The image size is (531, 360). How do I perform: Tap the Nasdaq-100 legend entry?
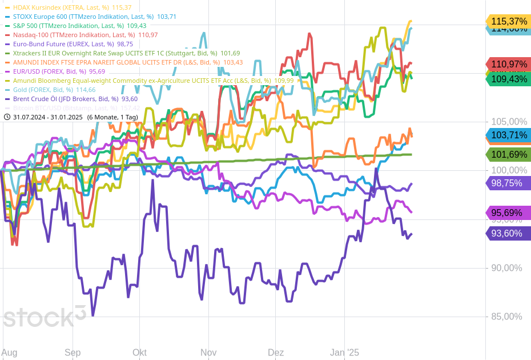click(x=81, y=35)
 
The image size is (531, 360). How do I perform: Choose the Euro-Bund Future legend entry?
click(x=68, y=44)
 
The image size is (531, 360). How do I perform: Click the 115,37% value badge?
click(x=508, y=21)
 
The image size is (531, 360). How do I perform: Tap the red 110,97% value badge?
click(x=508, y=64)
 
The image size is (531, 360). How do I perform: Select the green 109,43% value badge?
click(x=508, y=79)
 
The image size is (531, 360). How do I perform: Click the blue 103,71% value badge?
click(x=508, y=135)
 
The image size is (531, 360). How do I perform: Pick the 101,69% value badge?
click(x=508, y=154)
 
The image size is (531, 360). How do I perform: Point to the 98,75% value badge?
click(x=508, y=183)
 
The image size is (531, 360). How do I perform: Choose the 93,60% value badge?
click(x=508, y=233)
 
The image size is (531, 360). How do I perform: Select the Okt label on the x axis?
click(x=139, y=353)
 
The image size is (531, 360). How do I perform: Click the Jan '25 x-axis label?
click(x=345, y=353)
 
